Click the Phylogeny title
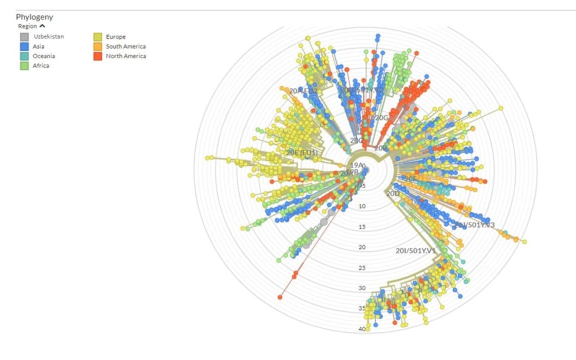click(x=34, y=17)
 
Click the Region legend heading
click(x=27, y=26)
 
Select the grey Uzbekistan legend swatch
click(x=24, y=36)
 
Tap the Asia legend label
click(x=38, y=46)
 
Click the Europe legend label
click(x=115, y=36)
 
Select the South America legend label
click(x=125, y=46)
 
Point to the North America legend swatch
click(x=97, y=56)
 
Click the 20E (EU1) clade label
click(x=302, y=152)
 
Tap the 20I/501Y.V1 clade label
click(x=415, y=250)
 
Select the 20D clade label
click(x=393, y=193)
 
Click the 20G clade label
click(x=381, y=118)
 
